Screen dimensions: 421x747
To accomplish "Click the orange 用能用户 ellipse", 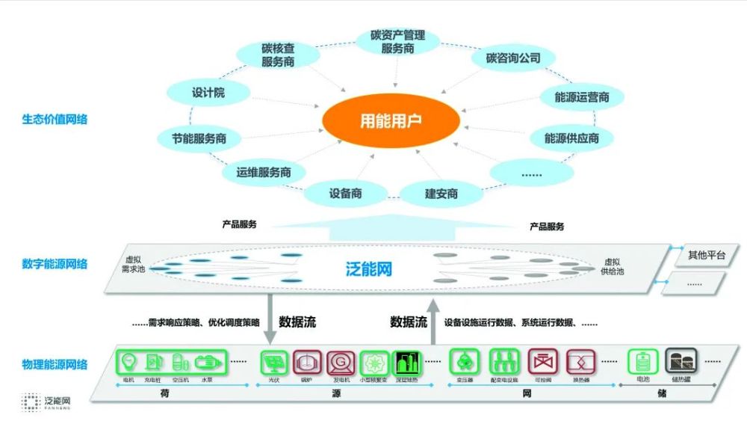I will coord(391,120).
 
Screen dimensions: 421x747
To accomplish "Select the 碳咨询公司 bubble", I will coord(512,58).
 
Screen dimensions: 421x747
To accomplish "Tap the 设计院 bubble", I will coord(208,93).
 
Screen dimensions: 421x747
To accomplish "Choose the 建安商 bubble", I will coord(441,194).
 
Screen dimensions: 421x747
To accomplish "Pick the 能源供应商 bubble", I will coord(571,138).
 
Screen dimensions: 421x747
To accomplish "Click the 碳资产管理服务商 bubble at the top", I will coord(397,41).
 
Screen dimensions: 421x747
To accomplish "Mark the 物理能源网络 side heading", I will coord(54,364).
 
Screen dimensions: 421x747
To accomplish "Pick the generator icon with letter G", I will coord(340,363).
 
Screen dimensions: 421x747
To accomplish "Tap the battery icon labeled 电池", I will coord(642,362).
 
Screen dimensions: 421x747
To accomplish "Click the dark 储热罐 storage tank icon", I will coord(681,362).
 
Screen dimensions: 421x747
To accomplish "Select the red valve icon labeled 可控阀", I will coord(542,363).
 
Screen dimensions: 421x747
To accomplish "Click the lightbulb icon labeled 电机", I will coord(130,362).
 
